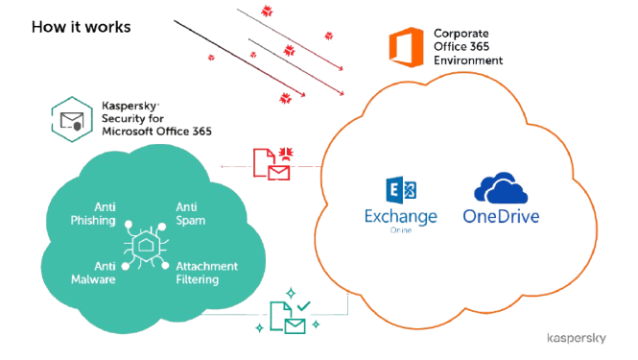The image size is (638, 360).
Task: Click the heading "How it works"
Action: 82,27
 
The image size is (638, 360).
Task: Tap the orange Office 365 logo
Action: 406,47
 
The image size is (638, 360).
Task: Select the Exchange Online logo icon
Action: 401,190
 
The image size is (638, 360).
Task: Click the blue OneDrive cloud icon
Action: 501,188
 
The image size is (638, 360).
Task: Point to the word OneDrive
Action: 501,216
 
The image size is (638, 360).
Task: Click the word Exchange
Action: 401,217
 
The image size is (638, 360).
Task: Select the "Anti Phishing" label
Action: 93,213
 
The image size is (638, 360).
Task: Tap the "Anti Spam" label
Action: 190,213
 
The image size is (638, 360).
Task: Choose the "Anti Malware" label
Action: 93,273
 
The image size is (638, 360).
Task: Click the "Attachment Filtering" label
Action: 206,273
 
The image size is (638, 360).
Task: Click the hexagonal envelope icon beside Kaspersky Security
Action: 72,119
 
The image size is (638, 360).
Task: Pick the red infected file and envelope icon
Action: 272,164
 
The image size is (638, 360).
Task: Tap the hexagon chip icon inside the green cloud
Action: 146,246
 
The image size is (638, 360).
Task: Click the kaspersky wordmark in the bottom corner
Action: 577,338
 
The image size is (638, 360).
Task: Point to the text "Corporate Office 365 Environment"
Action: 468,47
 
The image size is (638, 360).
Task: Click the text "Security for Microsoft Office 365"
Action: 156,125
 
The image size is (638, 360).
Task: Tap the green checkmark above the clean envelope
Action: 303,305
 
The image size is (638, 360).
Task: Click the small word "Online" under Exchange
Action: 401,230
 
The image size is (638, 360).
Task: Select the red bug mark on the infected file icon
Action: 286,153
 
